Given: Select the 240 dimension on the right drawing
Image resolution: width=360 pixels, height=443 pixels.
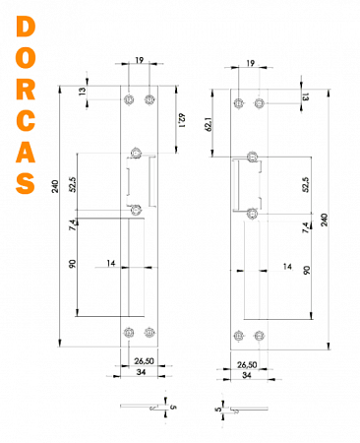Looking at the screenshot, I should coord(324,219).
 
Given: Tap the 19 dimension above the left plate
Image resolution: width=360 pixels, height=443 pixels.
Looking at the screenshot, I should coord(139,61).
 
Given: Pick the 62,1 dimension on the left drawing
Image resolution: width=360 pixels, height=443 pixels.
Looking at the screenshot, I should coord(183,119).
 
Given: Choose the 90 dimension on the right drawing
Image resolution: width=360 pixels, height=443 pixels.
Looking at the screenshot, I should coord(307,270).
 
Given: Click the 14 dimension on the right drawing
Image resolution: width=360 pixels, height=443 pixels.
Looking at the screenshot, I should coord(287,267).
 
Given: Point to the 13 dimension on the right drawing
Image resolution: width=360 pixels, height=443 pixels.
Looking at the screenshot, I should coord(306,96).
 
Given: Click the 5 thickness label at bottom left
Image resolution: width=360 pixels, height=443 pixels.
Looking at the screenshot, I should coord(171,404).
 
